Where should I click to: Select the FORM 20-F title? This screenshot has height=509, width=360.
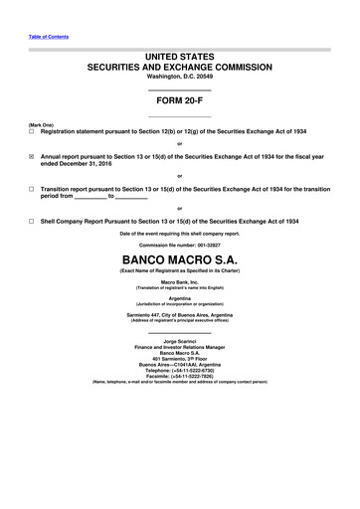[x=179, y=100]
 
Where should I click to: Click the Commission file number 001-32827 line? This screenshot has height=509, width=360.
[x=179, y=246]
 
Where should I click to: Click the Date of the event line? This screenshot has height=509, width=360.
[x=179, y=232]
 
